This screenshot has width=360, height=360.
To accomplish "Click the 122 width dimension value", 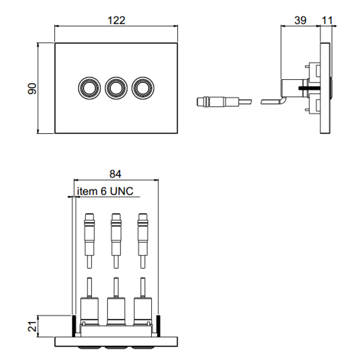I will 116,20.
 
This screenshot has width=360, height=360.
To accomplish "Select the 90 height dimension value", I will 32,88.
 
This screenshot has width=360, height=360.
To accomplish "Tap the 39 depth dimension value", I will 300,20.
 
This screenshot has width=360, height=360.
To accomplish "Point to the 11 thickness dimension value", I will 326,20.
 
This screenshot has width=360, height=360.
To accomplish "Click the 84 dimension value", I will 116,174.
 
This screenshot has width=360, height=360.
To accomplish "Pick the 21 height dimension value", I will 32,326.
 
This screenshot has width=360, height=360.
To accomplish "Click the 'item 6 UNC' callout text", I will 105,191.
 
